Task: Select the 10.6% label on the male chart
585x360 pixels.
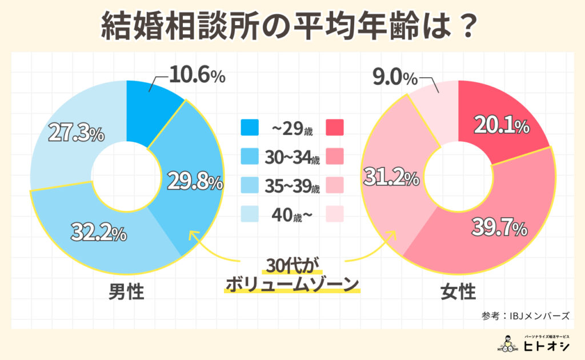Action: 197,75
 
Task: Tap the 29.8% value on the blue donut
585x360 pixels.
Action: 194,182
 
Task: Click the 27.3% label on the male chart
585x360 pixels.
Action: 76,134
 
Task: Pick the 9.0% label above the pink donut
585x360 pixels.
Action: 395,75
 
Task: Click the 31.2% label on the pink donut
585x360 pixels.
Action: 388,179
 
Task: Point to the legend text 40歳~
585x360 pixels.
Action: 290,214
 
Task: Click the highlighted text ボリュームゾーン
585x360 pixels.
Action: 292,284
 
